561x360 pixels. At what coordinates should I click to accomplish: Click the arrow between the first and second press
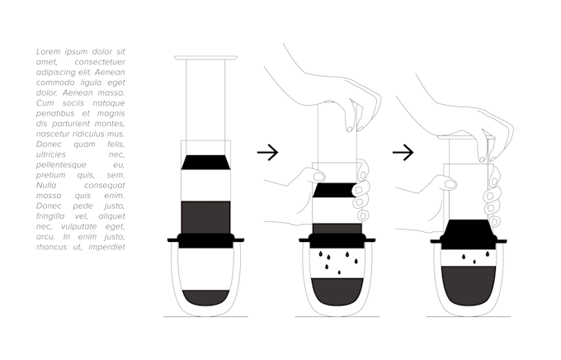(x=268, y=152)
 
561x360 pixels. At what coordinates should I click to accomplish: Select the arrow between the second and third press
(x=403, y=152)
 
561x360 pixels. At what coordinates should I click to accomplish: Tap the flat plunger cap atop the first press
(x=205, y=58)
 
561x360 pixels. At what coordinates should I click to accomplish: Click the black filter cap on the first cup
(x=205, y=240)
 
